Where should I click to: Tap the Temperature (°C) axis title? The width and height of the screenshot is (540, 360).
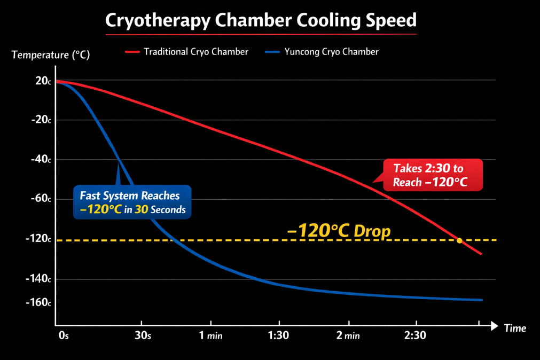click(x=50, y=54)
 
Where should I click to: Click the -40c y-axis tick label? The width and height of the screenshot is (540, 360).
click(x=41, y=160)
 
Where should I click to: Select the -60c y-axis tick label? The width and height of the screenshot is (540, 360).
click(x=41, y=199)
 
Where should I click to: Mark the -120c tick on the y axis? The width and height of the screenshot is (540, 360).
click(x=38, y=239)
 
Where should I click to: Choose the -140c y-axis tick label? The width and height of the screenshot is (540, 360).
click(x=38, y=279)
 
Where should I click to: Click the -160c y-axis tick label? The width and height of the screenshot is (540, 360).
click(x=38, y=303)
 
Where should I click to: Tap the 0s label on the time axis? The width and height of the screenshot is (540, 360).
click(x=64, y=336)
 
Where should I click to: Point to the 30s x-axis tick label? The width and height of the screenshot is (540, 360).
click(x=142, y=336)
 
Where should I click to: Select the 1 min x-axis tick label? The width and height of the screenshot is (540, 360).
click(x=211, y=336)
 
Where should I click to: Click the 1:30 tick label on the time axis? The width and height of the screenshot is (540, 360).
click(x=279, y=336)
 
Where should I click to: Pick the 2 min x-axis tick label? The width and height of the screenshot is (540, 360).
click(x=348, y=336)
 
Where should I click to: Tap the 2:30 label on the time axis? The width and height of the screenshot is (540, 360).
click(x=416, y=336)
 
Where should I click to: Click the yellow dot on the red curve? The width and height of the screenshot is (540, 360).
click(x=459, y=240)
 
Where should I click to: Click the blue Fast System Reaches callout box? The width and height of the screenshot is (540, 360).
click(x=133, y=202)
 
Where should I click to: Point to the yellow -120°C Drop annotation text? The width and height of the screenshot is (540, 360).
click(x=339, y=231)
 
